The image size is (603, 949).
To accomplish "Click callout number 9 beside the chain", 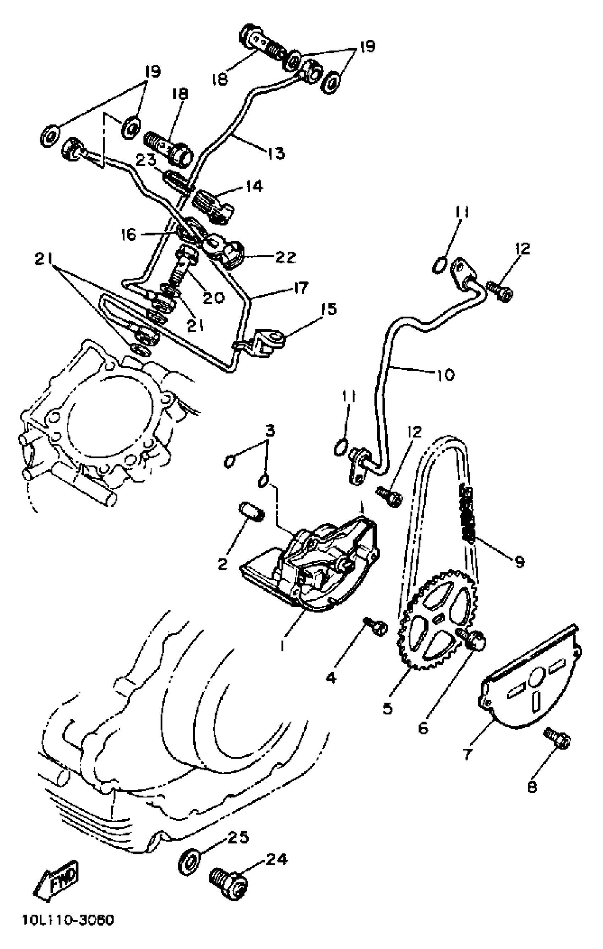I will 520,562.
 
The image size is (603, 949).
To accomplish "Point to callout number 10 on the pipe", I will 445,374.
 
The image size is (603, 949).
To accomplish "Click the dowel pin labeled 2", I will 251,514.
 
